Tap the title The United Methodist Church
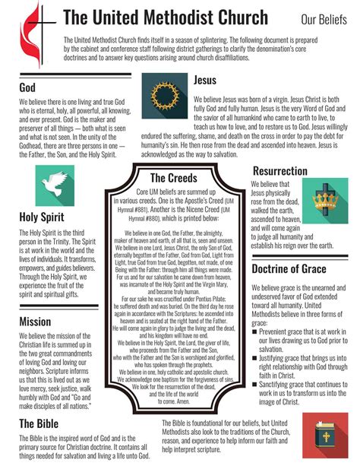pos(165,18)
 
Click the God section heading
pos(27,88)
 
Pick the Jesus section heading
pos(205,80)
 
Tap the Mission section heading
pos(36,321)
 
